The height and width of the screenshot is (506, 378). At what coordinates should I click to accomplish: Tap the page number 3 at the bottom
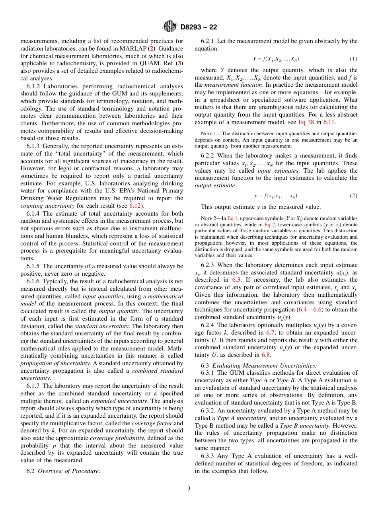click(189, 488)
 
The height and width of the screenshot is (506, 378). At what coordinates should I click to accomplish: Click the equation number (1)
click(353, 59)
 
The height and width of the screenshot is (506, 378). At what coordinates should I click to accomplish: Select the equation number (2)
click(353, 196)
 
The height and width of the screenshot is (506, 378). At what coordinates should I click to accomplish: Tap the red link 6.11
click(329, 122)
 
